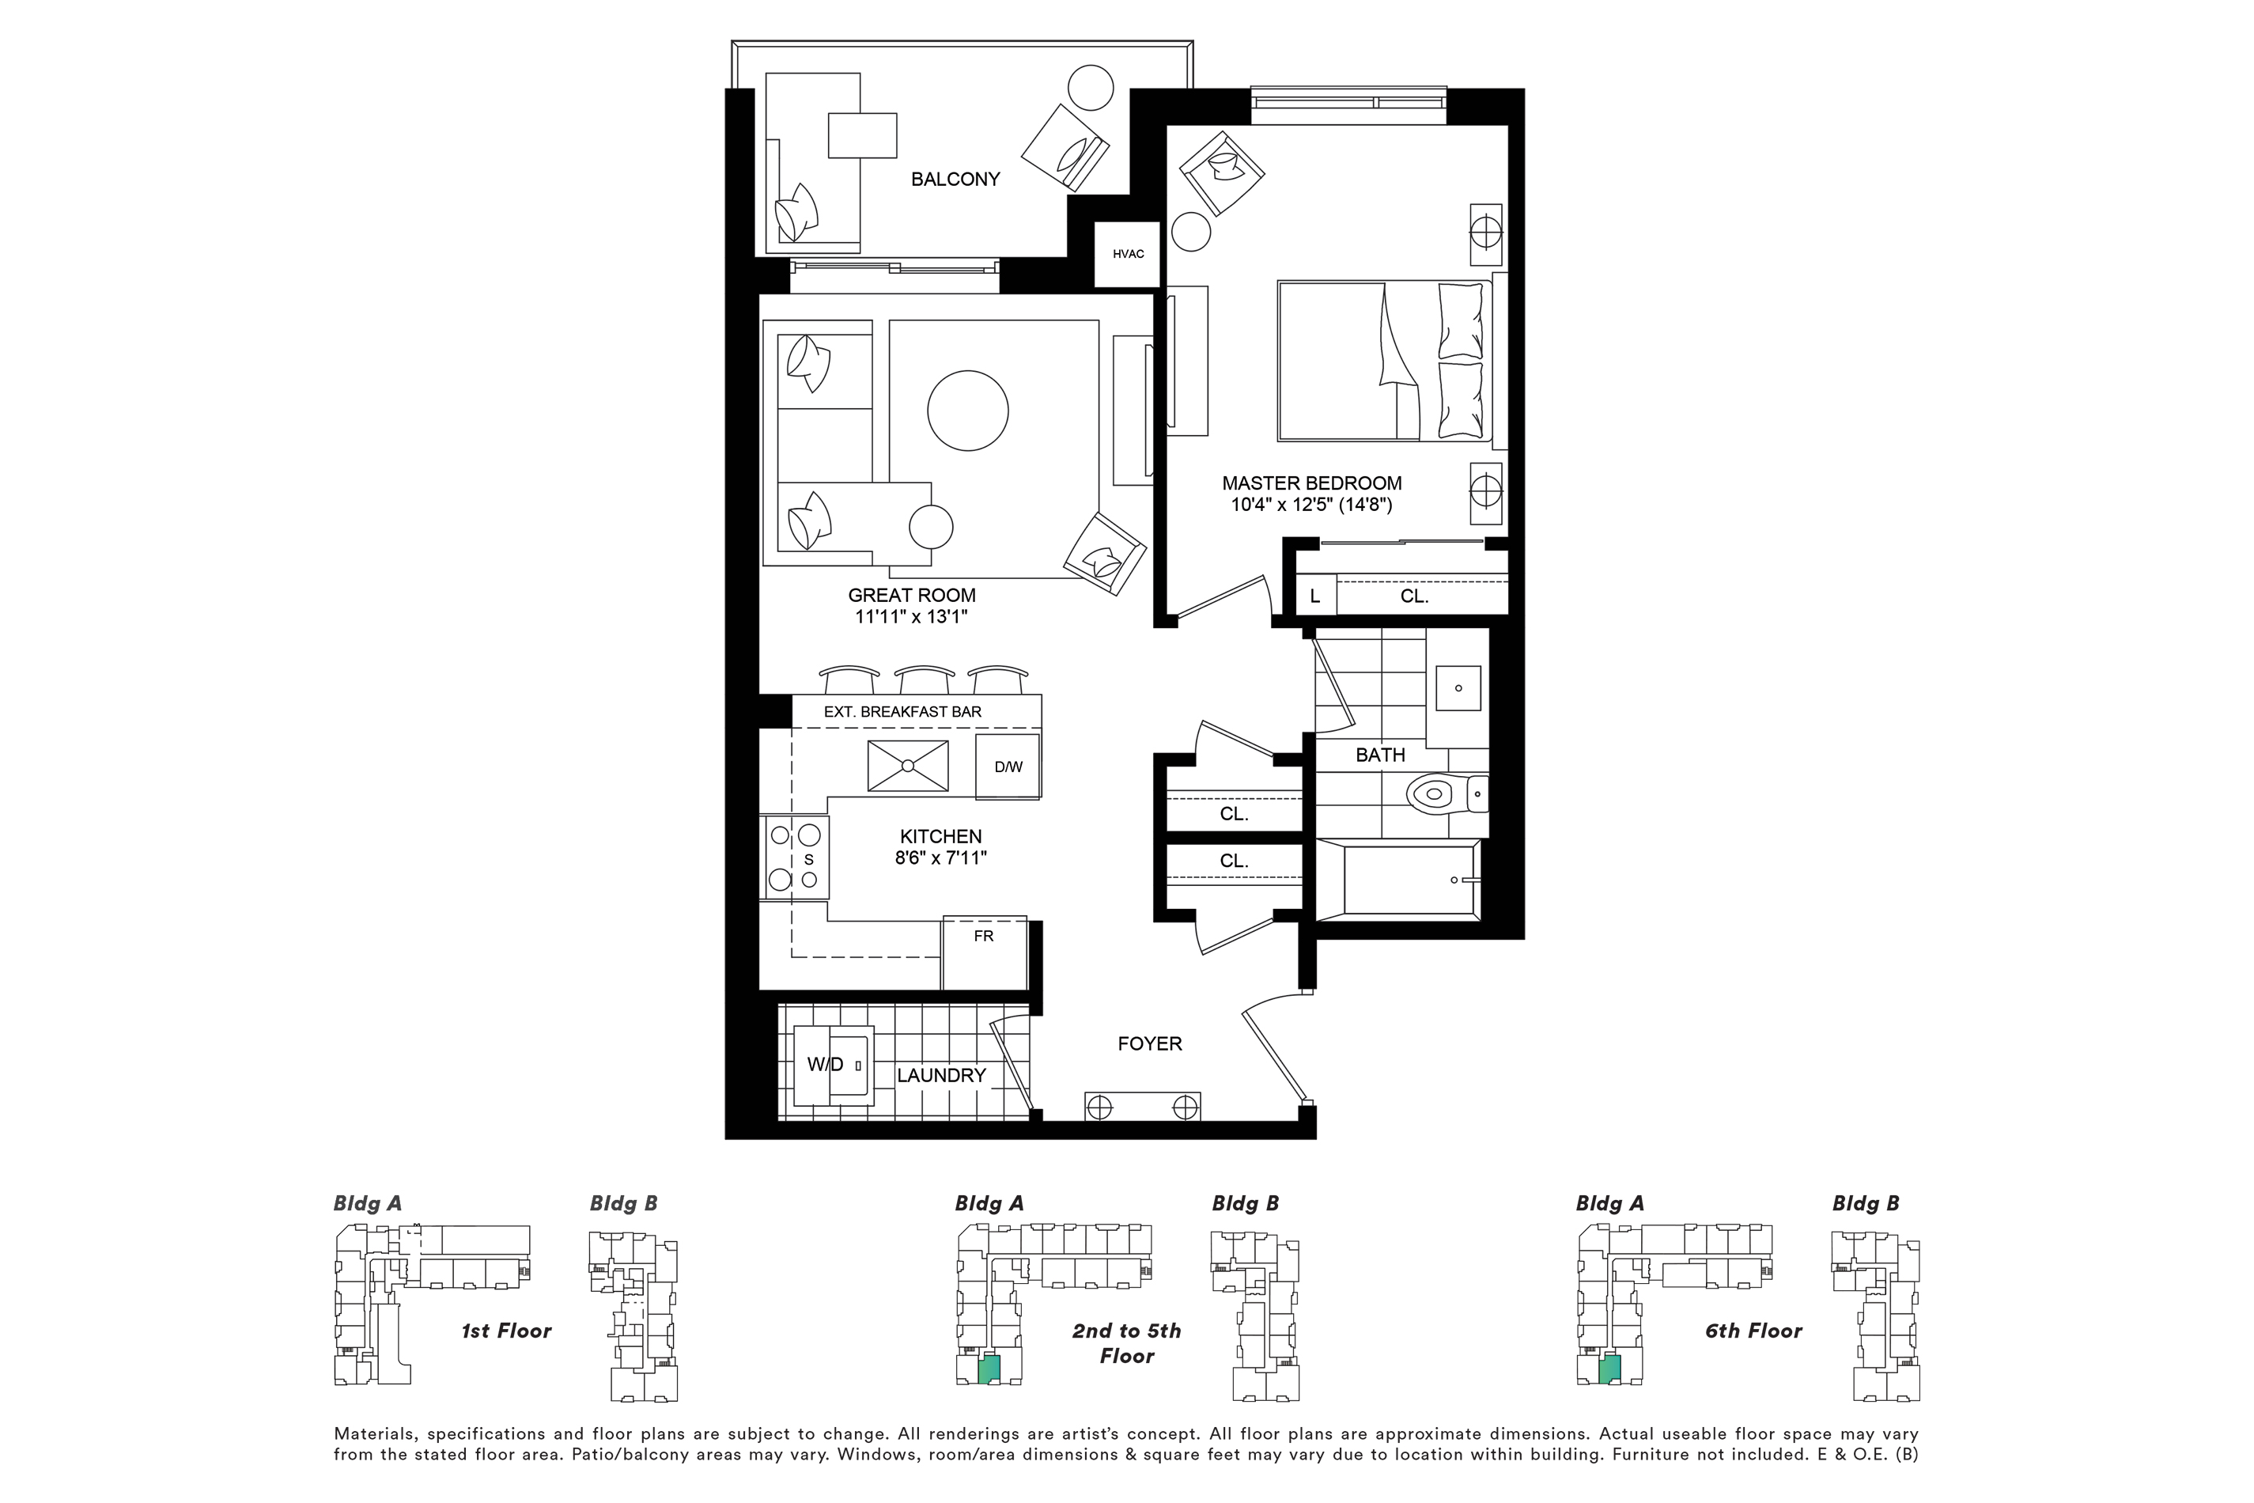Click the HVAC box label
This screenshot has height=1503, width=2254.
coord(1128,254)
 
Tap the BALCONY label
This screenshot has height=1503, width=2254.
coord(955,180)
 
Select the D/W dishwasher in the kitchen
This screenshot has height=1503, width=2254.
coord(1008,767)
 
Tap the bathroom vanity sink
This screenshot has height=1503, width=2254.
coord(1458,688)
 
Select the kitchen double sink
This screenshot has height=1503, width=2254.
coord(908,766)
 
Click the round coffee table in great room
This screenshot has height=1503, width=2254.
coord(968,411)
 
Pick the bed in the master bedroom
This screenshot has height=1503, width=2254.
coord(1384,362)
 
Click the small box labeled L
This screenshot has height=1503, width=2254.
coord(1314,595)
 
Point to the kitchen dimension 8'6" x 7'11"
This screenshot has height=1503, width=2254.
coord(940,858)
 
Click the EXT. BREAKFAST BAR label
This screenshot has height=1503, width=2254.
coord(902,711)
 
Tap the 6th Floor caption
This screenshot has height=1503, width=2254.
coord(1753,1331)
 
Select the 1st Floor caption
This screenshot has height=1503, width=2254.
coord(506,1331)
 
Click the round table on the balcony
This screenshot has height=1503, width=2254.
coord(1091,87)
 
